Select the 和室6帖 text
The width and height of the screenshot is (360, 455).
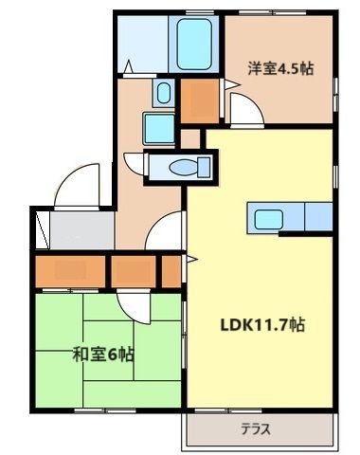(x=103, y=355)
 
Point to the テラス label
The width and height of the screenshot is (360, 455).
(x=255, y=429)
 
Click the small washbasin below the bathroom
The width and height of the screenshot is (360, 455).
(x=163, y=93)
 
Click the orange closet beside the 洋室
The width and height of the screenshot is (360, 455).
(x=199, y=100)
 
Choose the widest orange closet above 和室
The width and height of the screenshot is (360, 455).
(x=70, y=270)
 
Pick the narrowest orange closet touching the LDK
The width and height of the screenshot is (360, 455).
(x=171, y=270)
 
